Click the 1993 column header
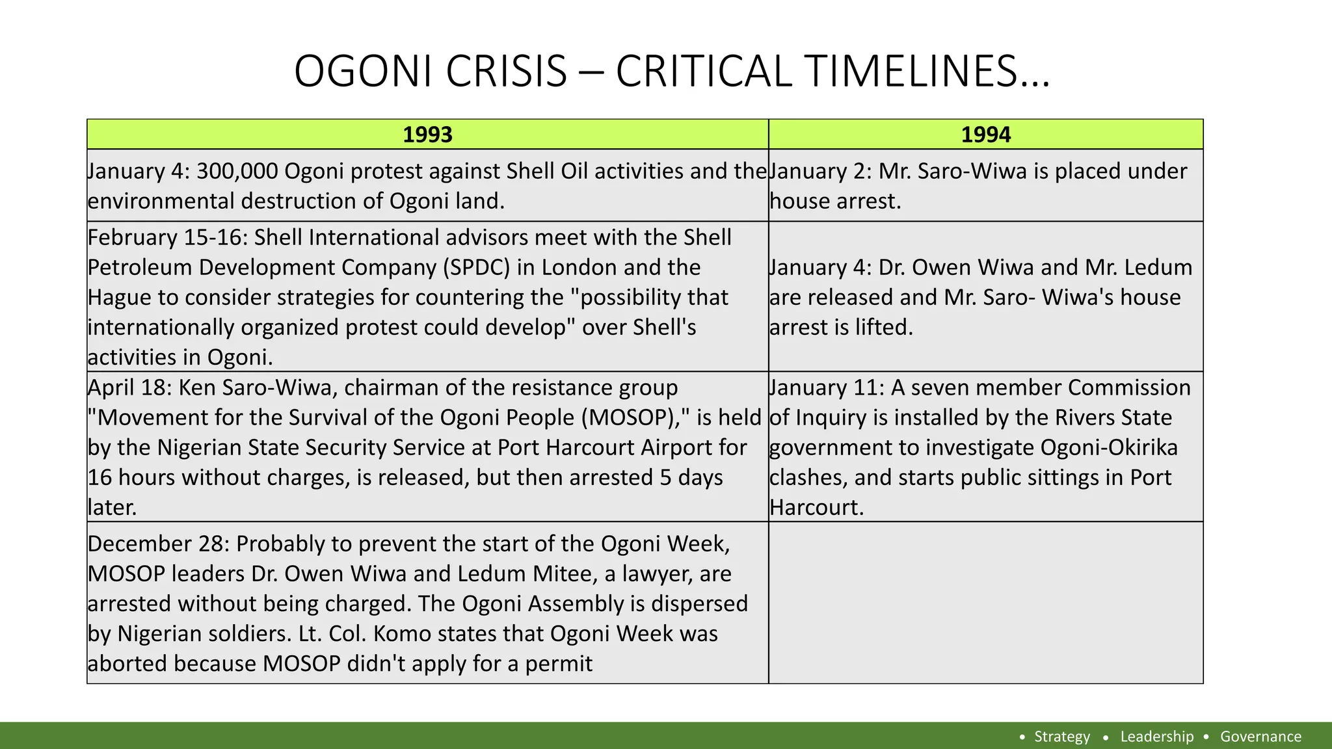click(x=427, y=135)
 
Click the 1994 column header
click(x=985, y=135)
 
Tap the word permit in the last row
click(x=559, y=664)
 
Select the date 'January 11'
click(x=823, y=388)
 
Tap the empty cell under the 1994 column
click(x=985, y=603)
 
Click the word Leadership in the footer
click(x=1156, y=737)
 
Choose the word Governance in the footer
click(x=1260, y=737)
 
